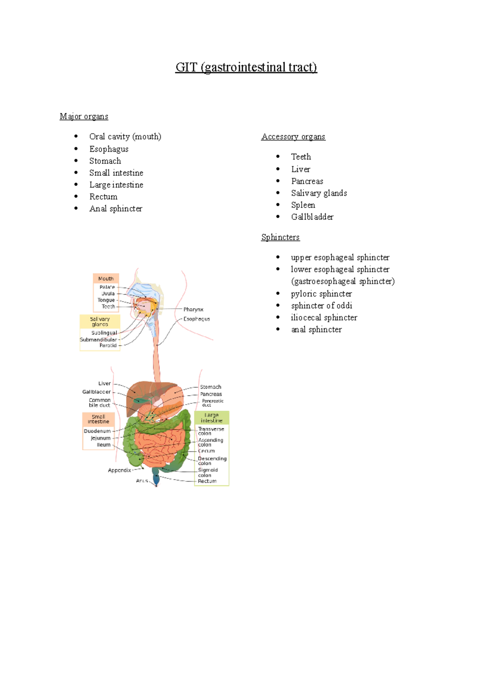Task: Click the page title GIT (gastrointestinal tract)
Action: click(x=246, y=67)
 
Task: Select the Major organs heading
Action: click(x=84, y=116)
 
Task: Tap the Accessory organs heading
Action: click(x=293, y=136)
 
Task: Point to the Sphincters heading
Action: click(x=280, y=237)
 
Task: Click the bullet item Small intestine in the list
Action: click(x=116, y=173)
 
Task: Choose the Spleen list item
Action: click(x=303, y=205)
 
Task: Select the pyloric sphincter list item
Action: click(x=321, y=294)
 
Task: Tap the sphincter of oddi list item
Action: click(x=322, y=306)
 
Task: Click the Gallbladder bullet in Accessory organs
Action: click(x=312, y=217)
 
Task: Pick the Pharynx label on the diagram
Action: click(x=194, y=309)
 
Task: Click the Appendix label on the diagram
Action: click(x=119, y=470)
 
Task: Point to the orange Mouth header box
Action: click(x=106, y=279)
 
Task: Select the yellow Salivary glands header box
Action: click(x=100, y=321)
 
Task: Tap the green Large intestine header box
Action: click(x=212, y=418)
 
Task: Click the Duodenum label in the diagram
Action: click(x=97, y=431)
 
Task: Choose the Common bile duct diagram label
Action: click(x=100, y=403)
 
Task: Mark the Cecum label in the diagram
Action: click(x=206, y=451)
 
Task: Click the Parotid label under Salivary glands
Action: click(x=108, y=346)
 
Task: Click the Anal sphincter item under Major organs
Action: click(x=116, y=209)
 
